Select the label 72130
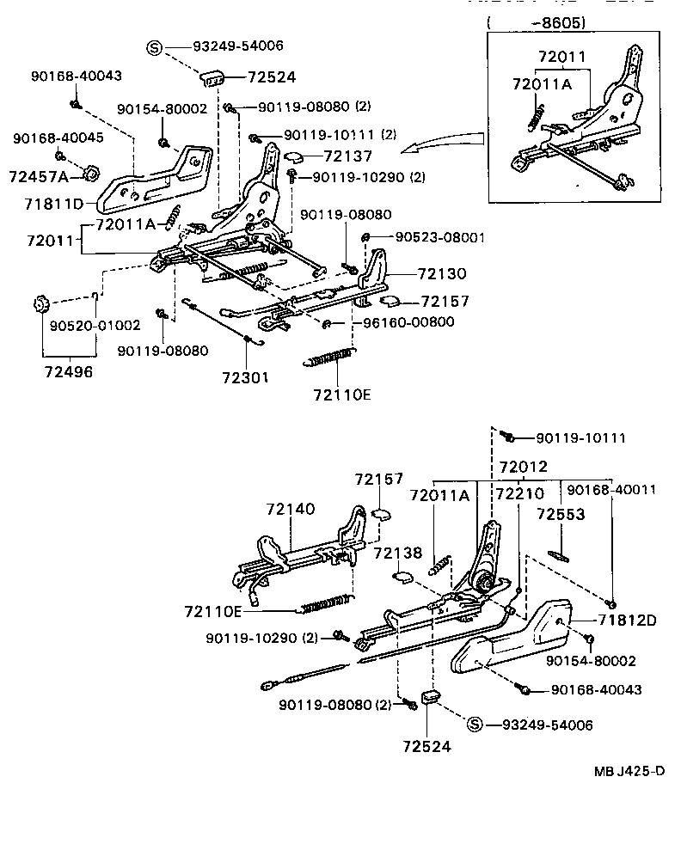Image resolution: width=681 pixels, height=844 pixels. point(442,274)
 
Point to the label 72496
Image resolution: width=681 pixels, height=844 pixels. point(69,374)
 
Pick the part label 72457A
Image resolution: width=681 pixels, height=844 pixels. point(40,176)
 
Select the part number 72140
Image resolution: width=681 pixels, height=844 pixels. point(291,510)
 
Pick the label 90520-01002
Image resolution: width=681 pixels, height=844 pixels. point(83,327)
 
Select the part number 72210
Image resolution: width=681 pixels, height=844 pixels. point(519,495)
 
